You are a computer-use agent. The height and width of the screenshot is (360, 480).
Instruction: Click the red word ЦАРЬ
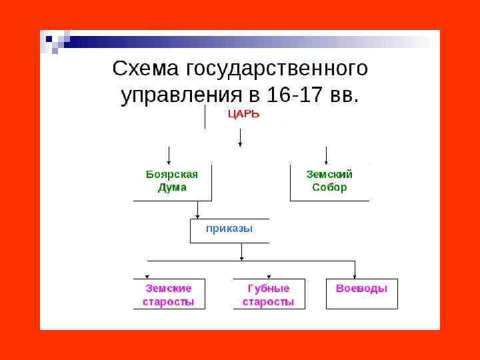point(243,114)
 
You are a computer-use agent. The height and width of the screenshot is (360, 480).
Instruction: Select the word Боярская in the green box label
point(172,174)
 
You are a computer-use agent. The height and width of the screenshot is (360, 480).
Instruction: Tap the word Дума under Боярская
point(172,187)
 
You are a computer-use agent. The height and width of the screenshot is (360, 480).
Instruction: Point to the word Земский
point(329,174)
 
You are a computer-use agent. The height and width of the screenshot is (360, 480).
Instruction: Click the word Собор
point(329,187)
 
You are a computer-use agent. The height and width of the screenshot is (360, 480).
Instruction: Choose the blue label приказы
point(229,229)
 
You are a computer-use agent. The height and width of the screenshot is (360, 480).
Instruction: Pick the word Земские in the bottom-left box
point(168,289)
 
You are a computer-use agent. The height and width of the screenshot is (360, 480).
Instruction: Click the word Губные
point(268,289)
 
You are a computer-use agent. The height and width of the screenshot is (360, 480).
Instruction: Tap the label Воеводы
point(361,289)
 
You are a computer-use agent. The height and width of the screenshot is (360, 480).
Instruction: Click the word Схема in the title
point(147,69)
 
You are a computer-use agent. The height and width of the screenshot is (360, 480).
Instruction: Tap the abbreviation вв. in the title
point(344,95)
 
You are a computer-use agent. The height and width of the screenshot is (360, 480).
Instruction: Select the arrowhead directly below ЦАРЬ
point(240,145)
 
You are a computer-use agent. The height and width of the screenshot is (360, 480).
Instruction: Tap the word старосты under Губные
point(268,302)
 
